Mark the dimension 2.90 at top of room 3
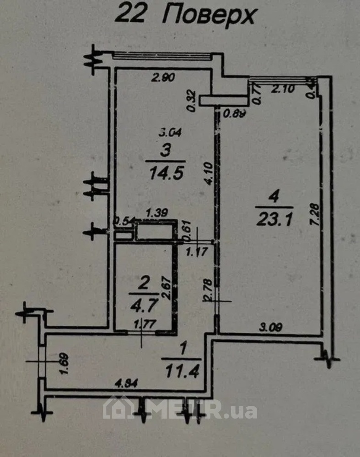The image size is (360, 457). (x=163, y=78)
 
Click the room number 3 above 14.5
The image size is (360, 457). (x=165, y=149)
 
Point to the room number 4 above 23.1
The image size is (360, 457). (x=274, y=198)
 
